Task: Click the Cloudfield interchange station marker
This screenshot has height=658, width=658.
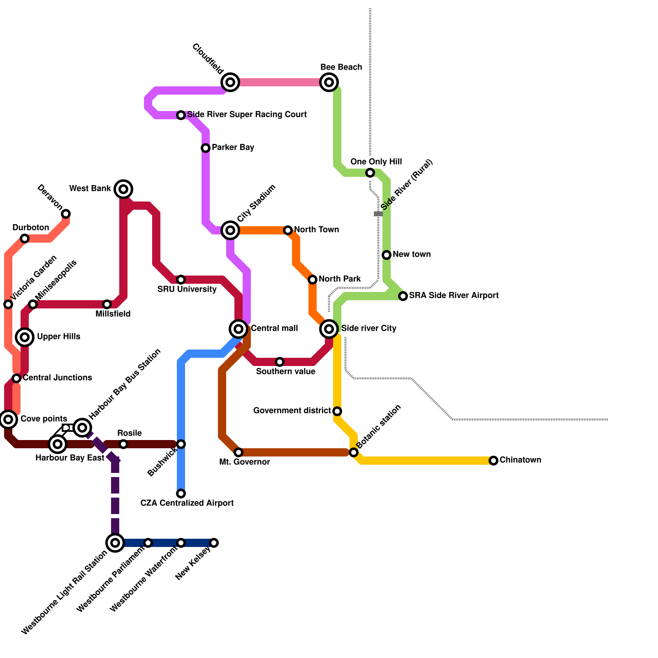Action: pyautogui.click(x=230, y=82)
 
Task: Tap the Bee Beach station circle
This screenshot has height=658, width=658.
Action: pyautogui.click(x=329, y=82)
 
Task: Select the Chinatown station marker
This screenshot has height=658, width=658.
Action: pyautogui.click(x=493, y=461)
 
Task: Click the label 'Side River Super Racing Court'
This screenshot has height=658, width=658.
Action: pyautogui.click(x=247, y=114)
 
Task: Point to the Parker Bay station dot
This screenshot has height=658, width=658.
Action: pyautogui.click(x=206, y=148)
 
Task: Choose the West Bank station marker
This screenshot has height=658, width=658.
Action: pyautogui.click(x=123, y=189)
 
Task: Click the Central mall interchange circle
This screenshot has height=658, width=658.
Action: pyautogui.click(x=239, y=329)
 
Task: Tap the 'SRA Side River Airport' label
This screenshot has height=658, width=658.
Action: pyautogui.click(x=454, y=295)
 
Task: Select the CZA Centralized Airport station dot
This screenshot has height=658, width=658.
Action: pyautogui.click(x=181, y=493)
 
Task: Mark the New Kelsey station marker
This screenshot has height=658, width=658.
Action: pyautogui.click(x=214, y=543)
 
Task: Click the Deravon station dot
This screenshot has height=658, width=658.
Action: pyautogui.click(x=66, y=214)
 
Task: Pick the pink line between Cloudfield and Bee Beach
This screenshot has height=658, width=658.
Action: pyautogui.click(x=280, y=82)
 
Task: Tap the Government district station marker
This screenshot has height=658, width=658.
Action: pyautogui.click(x=337, y=411)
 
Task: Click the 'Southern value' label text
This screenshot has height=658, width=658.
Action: pyautogui.click(x=285, y=371)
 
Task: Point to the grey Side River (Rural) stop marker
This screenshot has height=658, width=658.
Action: pyautogui.click(x=378, y=214)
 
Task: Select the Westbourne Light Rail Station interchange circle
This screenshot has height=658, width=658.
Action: pyautogui.click(x=115, y=543)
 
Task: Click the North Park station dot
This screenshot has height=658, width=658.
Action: pyautogui.click(x=313, y=280)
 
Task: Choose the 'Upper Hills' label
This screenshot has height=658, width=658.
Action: pyautogui.click(x=58, y=336)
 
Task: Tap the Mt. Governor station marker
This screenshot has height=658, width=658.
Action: pyautogui.click(x=239, y=452)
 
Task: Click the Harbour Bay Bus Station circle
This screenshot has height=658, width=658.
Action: pyautogui.click(x=82, y=428)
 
